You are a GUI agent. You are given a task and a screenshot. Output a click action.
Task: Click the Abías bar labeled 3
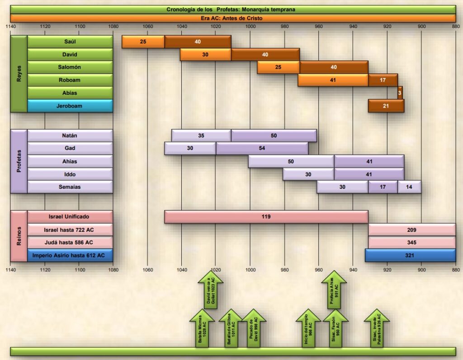click(400, 93)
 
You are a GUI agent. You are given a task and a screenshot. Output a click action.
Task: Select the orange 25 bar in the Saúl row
click(143, 42)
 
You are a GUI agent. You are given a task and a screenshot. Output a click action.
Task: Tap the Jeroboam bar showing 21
click(386, 106)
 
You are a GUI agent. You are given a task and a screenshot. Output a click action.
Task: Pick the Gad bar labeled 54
click(262, 149)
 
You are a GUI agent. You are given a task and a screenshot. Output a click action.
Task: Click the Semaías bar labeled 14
click(409, 187)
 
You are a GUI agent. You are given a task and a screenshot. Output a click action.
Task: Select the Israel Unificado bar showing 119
click(266, 217)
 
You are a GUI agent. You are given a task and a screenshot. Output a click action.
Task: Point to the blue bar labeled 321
click(410, 255)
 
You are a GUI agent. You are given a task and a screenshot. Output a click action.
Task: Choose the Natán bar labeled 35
click(201, 136)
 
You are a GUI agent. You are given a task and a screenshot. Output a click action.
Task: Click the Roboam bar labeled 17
click(383, 80)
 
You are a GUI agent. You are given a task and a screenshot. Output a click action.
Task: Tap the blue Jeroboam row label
click(70, 106)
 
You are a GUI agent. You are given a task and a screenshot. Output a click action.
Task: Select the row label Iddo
click(70, 174)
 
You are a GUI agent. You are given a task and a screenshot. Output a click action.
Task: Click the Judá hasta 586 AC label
click(70, 243)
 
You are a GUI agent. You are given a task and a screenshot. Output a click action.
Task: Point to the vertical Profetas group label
click(19, 161)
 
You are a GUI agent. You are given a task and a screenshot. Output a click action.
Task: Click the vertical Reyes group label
click(19, 74)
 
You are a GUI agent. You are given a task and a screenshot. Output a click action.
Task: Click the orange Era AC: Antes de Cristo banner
click(231, 19)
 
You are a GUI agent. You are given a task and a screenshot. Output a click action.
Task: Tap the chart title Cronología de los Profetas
click(231, 9)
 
